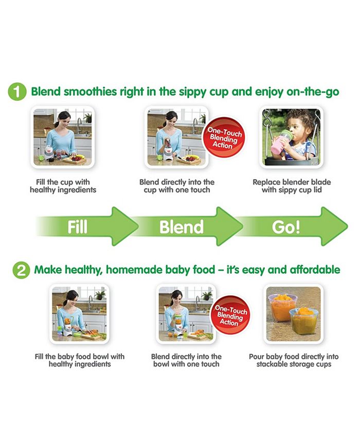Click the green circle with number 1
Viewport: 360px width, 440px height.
pos(17,93)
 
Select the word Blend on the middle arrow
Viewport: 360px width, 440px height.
pos(181,226)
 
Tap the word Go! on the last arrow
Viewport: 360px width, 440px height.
pos(286,226)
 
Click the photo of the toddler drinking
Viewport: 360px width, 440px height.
pos(292,136)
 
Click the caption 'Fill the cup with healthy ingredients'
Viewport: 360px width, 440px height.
pos(63,186)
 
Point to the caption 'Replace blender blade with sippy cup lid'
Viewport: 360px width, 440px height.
pos(292,186)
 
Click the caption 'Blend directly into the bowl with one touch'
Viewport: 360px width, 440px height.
pos(187,360)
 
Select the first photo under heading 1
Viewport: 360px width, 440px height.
pos(63,136)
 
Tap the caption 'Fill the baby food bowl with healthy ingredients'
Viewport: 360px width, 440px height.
pos(80,360)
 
